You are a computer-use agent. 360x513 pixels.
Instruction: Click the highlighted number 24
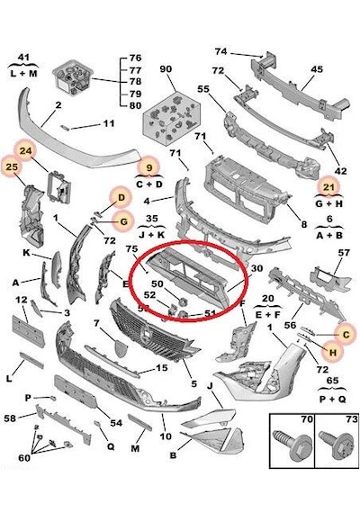(x=25, y=151)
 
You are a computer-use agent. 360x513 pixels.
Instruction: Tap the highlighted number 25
(x=12, y=166)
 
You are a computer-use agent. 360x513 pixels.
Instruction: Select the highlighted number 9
(x=149, y=167)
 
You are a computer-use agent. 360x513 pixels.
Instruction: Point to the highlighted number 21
(x=328, y=187)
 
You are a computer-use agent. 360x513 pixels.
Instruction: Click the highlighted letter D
(x=121, y=198)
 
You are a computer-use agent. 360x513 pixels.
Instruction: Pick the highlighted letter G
(x=123, y=221)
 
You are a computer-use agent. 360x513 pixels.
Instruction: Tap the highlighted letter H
(x=332, y=353)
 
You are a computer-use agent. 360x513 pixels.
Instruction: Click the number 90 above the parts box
(x=166, y=69)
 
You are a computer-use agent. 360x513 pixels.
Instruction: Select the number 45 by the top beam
(x=317, y=69)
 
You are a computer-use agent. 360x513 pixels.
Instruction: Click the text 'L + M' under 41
(x=23, y=73)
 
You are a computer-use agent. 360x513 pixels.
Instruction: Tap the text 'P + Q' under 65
(x=333, y=399)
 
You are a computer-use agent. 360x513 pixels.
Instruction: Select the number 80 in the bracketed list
(x=135, y=105)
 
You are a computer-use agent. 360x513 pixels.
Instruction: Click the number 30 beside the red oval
(x=257, y=268)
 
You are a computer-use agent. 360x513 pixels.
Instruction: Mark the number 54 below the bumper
(x=116, y=423)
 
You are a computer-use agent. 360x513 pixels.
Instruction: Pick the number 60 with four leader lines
(x=24, y=458)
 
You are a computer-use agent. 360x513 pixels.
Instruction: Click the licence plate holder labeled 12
(x=28, y=330)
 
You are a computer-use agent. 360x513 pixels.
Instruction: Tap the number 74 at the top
(x=221, y=51)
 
